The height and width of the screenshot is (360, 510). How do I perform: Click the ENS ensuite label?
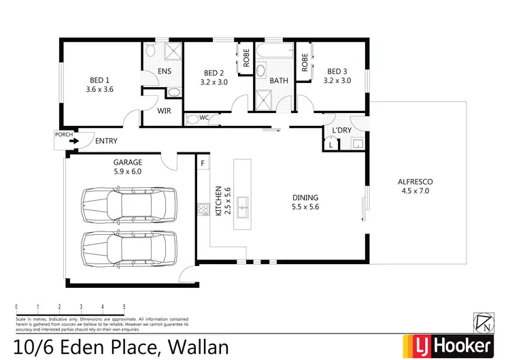pyautogui.click(x=164, y=71)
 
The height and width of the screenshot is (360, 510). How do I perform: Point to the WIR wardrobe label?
pyautogui.click(x=164, y=110)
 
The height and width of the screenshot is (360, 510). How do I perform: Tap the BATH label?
pyautogui.click(x=279, y=80)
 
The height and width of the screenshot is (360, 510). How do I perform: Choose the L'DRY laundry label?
pyautogui.click(x=341, y=131)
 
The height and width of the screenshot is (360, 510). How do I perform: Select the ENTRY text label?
pyautogui.click(x=106, y=142)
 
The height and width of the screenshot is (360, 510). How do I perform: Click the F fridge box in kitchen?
pyautogui.click(x=202, y=163)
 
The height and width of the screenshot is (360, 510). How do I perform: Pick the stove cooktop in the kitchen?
pyautogui.click(x=203, y=210)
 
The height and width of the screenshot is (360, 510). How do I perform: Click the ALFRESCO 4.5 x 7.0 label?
pyautogui.click(x=415, y=186)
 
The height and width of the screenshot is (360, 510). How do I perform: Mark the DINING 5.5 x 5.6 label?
pyautogui.click(x=304, y=202)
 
